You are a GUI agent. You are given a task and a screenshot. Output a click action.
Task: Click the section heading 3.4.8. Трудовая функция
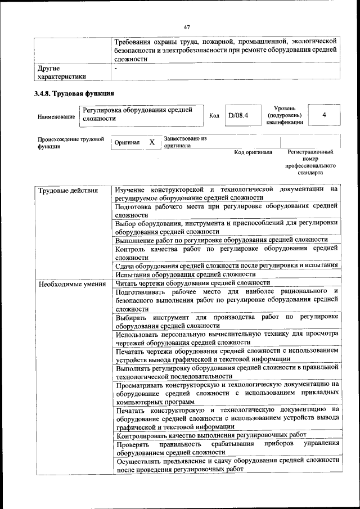[x=74, y=93]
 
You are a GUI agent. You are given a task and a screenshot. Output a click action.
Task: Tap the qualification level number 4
[x=325, y=115]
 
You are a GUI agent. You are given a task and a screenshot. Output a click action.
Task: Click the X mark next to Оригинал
[x=152, y=142]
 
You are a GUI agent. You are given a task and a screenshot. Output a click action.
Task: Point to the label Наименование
[x=56, y=116]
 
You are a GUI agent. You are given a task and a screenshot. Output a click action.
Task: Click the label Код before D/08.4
[x=214, y=116]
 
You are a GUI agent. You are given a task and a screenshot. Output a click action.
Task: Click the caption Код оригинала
[x=253, y=152]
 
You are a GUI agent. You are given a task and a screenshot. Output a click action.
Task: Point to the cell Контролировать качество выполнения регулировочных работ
[x=211, y=435]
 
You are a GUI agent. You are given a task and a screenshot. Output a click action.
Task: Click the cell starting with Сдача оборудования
[x=226, y=265]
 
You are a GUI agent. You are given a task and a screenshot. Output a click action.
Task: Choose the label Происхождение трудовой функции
[x=70, y=142]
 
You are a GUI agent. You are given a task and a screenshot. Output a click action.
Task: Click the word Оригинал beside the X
[x=127, y=143]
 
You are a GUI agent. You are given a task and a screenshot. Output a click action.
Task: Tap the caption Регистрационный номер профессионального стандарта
[x=310, y=163]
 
